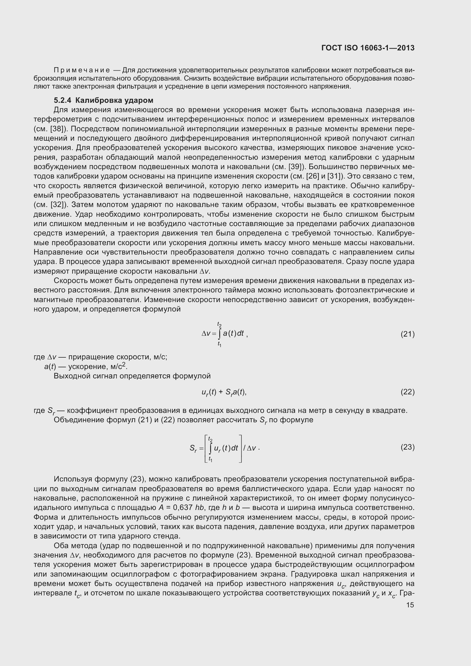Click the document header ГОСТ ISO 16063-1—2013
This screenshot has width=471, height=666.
[x=368, y=48]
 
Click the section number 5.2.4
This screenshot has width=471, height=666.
[x=62, y=100]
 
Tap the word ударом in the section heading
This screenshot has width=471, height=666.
[x=139, y=100]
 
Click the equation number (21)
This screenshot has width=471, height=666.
[x=407, y=334]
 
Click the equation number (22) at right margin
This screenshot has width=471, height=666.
[x=407, y=392]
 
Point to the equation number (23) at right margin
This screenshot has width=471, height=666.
[x=407, y=447]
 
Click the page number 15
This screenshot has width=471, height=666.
[x=410, y=605]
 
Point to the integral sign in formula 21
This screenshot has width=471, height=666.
[x=220, y=334]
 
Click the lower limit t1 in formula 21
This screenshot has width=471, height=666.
[x=220, y=345]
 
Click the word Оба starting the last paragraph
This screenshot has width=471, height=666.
[x=61, y=546]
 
